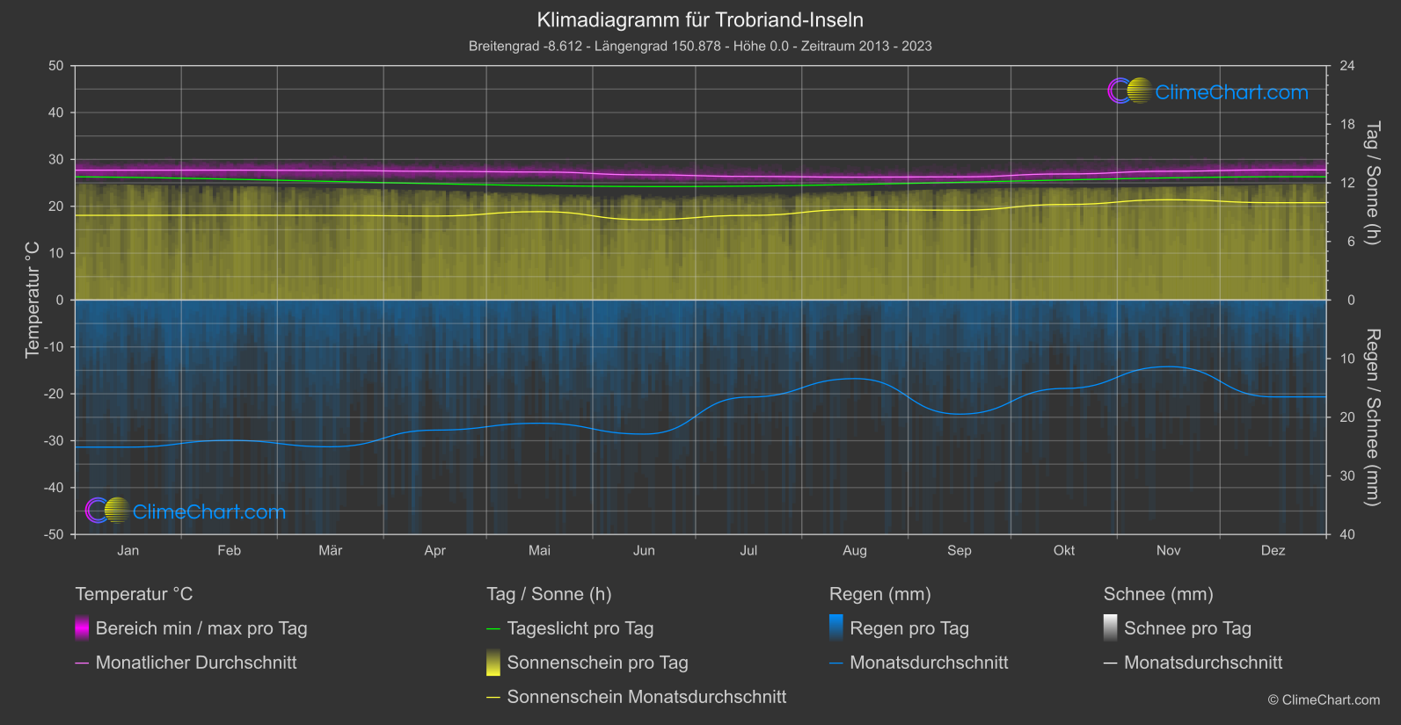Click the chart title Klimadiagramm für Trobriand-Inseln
(700, 20)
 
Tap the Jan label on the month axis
(128, 551)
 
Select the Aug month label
(854, 551)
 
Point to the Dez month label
(1273, 551)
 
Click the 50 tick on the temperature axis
(56, 66)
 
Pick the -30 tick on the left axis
(53, 441)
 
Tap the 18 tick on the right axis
(1347, 125)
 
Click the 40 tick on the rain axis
(1347, 534)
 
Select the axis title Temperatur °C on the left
(33, 300)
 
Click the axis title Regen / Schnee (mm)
(1372, 417)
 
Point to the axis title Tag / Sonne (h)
(1372, 183)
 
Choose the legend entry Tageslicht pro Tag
(580, 628)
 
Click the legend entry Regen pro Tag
(908, 628)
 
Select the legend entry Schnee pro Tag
(1186, 628)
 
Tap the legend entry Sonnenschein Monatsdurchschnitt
(646, 697)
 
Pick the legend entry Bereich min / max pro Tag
(201, 628)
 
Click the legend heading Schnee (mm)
(1158, 594)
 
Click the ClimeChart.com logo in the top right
(1208, 91)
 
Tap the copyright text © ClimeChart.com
(1324, 700)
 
